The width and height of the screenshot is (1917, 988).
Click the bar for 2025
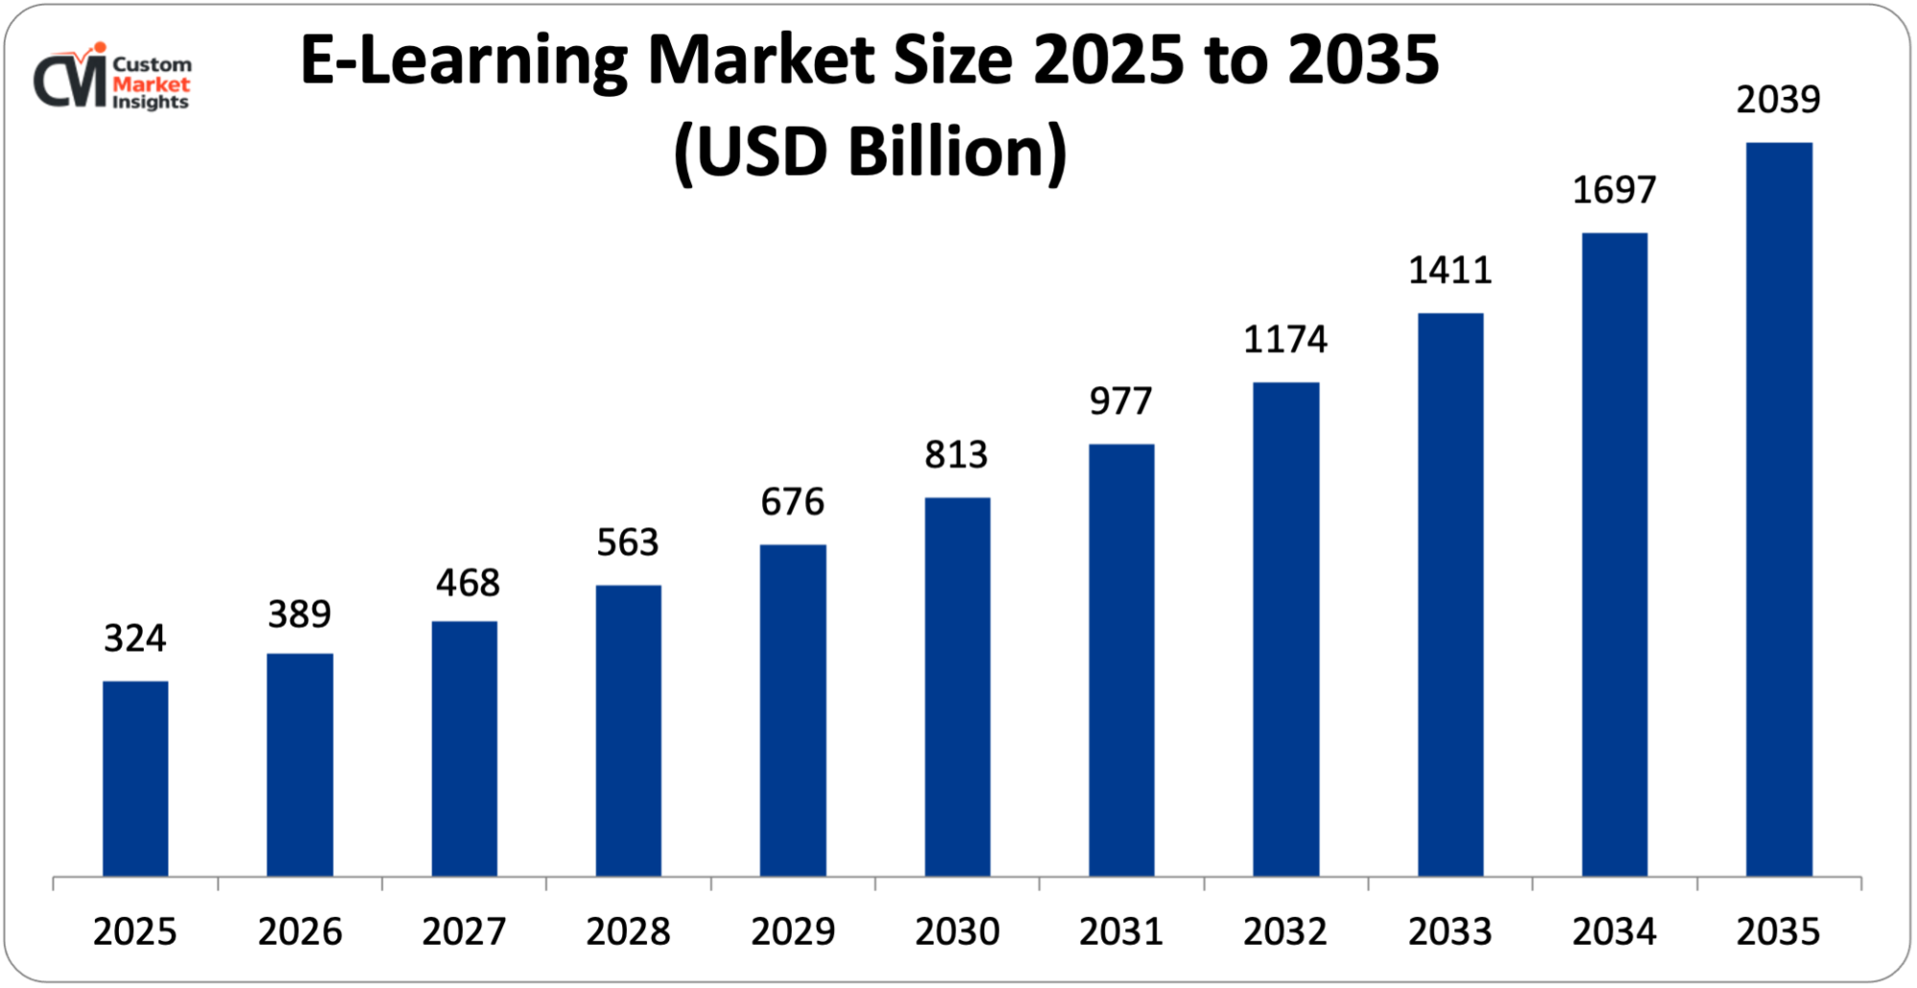coord(135,778)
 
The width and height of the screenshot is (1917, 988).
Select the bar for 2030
coord(958,686)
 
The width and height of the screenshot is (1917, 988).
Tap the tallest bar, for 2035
coord(1779,509)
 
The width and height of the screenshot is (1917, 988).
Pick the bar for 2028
coord(629,730)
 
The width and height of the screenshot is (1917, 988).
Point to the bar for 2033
coord(1450,594)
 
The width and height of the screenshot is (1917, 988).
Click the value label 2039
coord(1778,100)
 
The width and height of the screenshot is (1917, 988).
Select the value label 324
coord(135,638)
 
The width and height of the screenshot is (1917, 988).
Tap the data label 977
coord(1120,402)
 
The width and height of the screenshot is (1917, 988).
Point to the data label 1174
coord(1285,339)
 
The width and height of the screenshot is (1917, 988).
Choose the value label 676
coord(793,502)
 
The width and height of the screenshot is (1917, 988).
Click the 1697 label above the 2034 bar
coord(1614,190)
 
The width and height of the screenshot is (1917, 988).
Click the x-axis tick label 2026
coord(300,931)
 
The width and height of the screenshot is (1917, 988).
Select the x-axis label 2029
coord(793,931)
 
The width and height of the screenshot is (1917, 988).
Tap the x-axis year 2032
coord(1285,931)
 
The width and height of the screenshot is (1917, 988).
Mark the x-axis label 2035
coord(1778,931)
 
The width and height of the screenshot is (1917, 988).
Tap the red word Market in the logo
coord(151,84)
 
